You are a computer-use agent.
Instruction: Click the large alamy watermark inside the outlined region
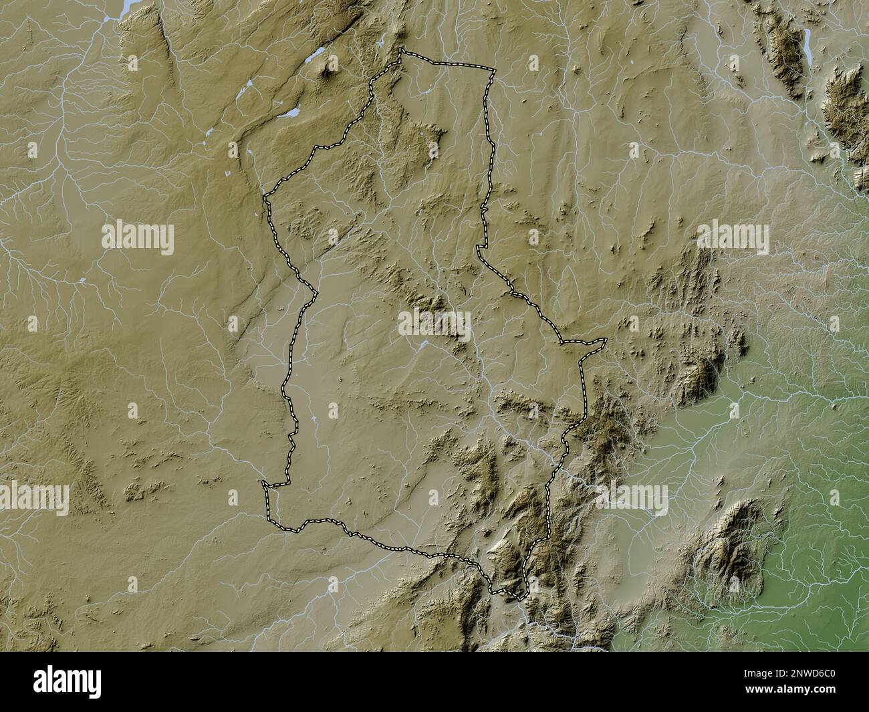(434, 323)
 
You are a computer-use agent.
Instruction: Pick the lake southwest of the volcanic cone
(289, 114)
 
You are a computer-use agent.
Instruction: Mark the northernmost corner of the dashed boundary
(401, 49)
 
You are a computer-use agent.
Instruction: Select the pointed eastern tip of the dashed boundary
(606, 341)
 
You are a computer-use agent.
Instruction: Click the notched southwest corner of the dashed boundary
(265, 483)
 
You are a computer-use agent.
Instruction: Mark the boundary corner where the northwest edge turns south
(265, 197)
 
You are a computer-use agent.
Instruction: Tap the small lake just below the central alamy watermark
(424, 346)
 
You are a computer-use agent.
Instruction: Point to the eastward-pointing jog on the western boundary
(315, 291)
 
